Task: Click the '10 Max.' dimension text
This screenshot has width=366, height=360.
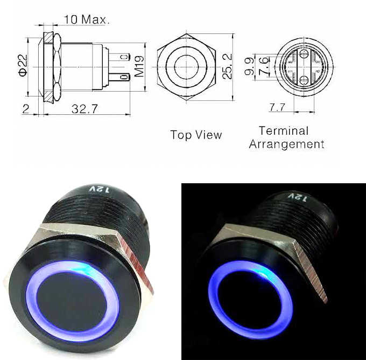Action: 86,19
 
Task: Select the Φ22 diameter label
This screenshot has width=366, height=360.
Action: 22,66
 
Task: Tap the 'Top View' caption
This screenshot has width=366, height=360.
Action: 196,135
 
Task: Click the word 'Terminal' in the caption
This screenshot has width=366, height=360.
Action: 284,130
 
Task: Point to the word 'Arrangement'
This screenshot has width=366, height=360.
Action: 286,144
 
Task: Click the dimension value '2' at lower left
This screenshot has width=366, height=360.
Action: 26,109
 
